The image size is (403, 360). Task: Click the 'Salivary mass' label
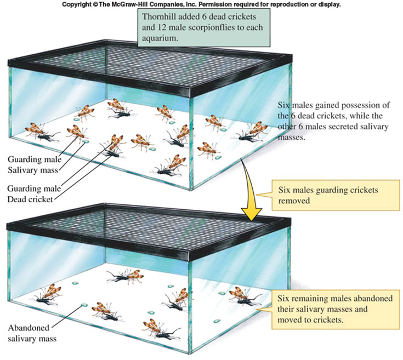33,170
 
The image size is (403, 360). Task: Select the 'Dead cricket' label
30,199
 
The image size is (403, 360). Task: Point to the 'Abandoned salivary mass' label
32,333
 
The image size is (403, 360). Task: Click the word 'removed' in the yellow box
294,201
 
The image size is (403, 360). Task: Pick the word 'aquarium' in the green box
159,38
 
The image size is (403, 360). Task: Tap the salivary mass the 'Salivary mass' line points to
86,142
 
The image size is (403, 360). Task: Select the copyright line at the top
201,4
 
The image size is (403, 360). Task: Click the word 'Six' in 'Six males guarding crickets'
284,190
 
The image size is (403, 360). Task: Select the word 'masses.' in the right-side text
292,138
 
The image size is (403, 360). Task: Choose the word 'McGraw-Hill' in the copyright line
128,4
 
